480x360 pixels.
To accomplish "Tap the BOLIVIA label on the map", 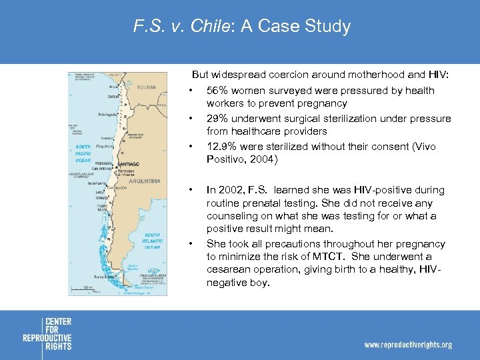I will coord(146,87).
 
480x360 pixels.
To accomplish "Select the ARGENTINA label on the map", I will coord(144,181).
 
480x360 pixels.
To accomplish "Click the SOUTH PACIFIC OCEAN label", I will coord(83,153).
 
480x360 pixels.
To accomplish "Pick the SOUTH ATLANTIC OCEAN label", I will coord(152,241).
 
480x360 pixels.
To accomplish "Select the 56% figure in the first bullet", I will coord(217,90).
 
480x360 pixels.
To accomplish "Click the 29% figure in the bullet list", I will coord(217,118).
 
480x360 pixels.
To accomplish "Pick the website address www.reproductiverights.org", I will coord(407,345).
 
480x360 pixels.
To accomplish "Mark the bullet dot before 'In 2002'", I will coord(191,190).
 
